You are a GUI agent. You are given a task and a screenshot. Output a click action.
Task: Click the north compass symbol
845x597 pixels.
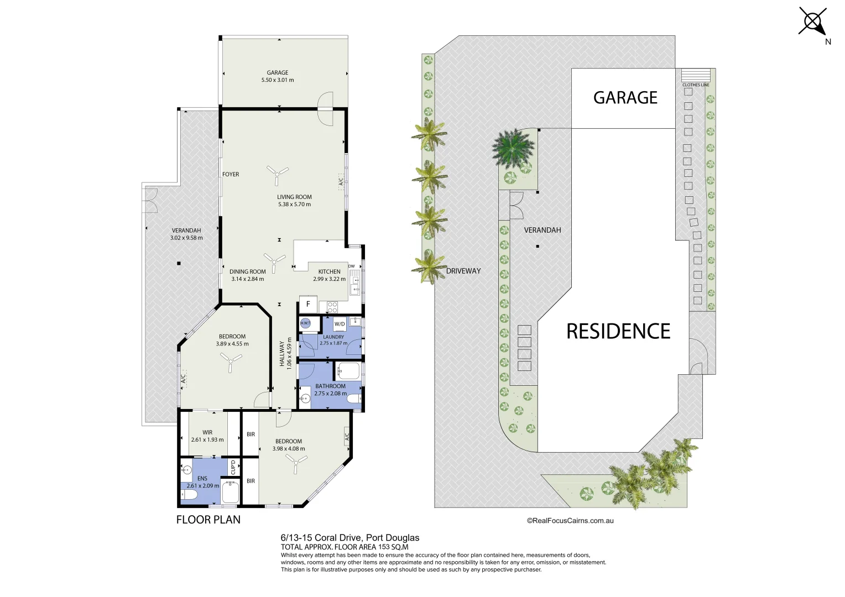coord(813,22)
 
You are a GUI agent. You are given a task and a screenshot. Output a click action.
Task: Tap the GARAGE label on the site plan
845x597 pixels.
coord(625,98)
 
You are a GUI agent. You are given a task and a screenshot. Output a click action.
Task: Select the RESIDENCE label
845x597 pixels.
coord(618,331)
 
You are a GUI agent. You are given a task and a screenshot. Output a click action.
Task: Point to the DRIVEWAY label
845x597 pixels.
coord(463,271)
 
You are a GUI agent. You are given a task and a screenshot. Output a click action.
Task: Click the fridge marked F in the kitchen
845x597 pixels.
coord(308,304)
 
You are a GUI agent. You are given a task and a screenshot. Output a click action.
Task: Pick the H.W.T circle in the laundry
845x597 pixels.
coord(305,323)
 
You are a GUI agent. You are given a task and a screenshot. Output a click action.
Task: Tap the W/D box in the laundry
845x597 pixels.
coord(340,324)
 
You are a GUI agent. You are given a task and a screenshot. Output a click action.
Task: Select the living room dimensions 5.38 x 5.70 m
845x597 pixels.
coord(294,205)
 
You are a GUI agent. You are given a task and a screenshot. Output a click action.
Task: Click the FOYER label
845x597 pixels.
coord(231,174)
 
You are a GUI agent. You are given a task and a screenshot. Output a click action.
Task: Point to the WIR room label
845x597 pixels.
coord(207,433)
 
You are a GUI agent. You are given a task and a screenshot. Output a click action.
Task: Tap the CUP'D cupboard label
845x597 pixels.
coord(233,467)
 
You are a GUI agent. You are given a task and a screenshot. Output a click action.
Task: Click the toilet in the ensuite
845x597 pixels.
coord(189,495)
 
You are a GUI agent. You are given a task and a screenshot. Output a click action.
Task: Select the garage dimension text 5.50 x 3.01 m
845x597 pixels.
coord(278,80)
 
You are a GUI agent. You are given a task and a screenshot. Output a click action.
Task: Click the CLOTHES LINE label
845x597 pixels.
coord(696,85)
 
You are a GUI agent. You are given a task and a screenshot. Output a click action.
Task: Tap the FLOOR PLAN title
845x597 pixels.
coord(208,520)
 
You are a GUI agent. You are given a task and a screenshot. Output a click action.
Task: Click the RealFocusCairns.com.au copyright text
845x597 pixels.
coord(570,521)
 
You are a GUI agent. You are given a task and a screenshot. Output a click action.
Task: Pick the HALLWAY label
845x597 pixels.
coord(282,354)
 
